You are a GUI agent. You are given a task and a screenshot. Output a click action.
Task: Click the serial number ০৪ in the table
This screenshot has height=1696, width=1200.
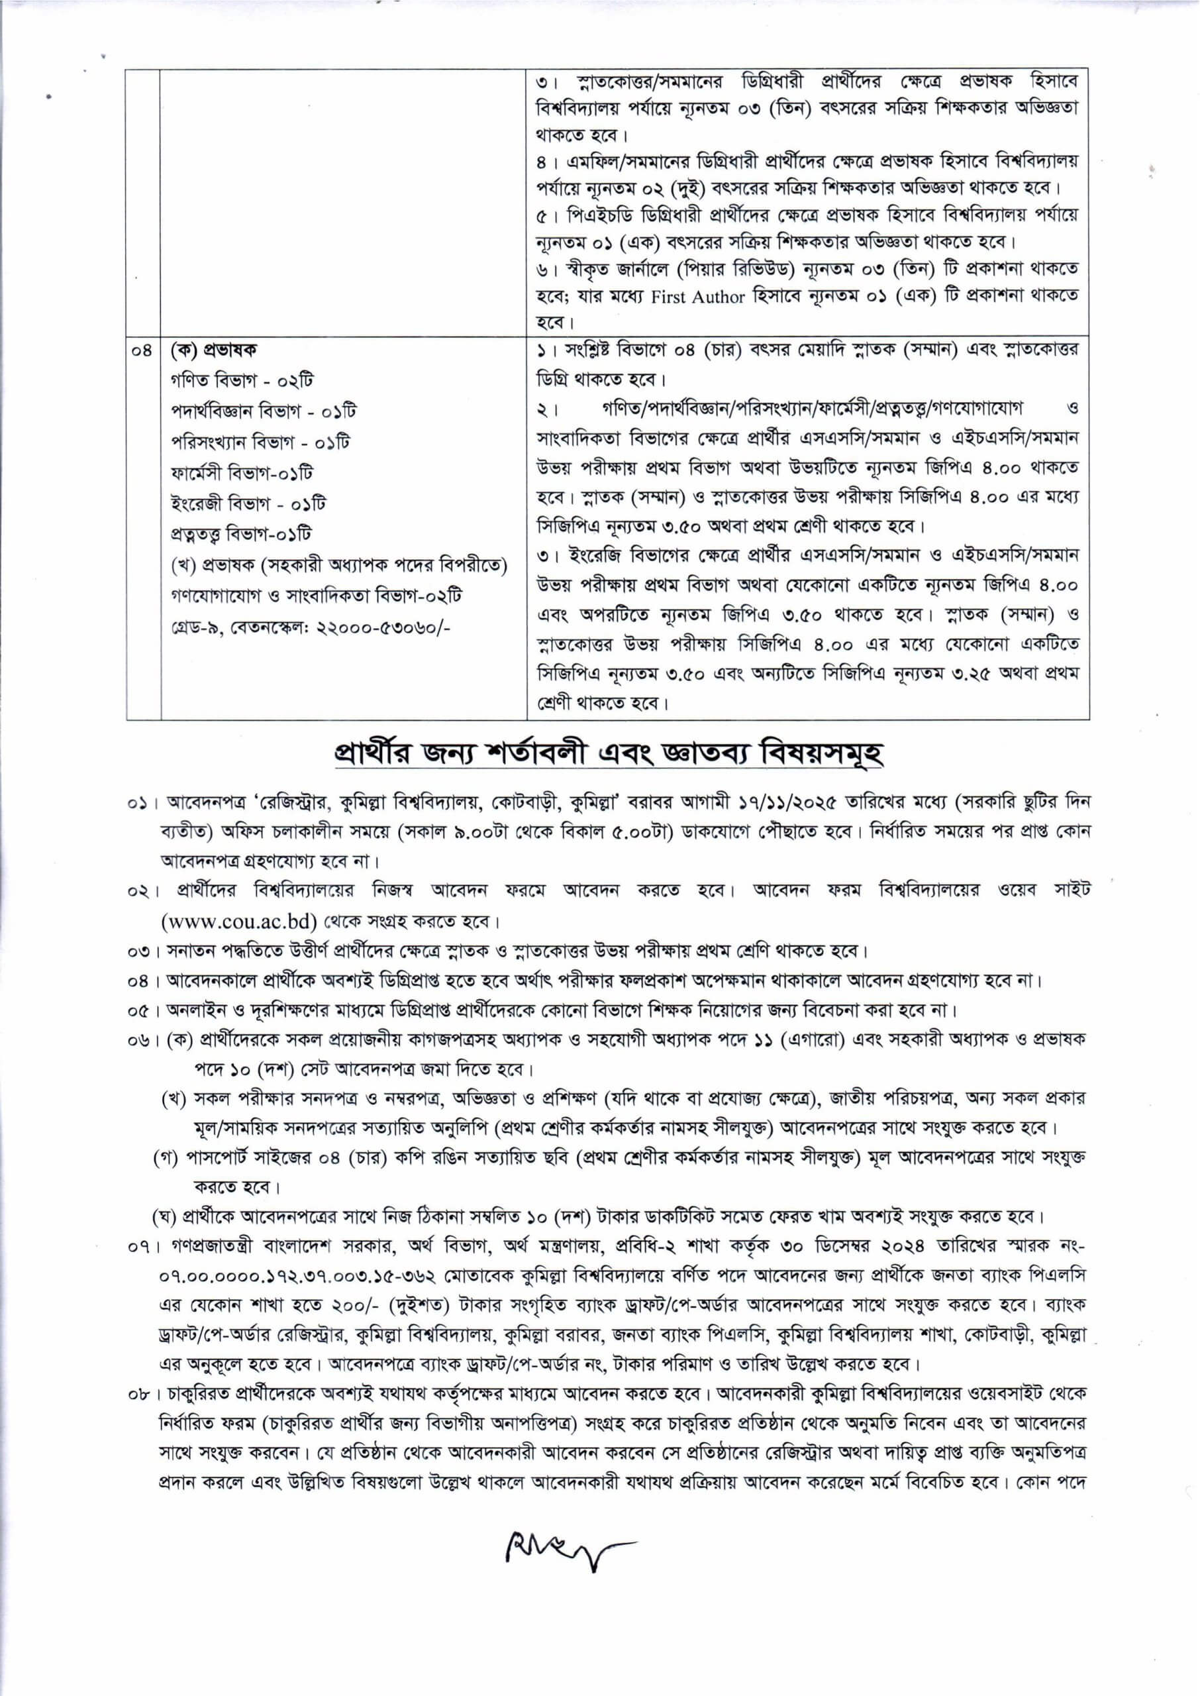(142, 350)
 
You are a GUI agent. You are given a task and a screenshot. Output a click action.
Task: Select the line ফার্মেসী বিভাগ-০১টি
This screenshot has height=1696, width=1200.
(242, 473)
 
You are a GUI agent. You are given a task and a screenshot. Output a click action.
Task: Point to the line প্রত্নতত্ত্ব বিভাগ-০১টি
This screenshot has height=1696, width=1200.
(241, 534)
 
